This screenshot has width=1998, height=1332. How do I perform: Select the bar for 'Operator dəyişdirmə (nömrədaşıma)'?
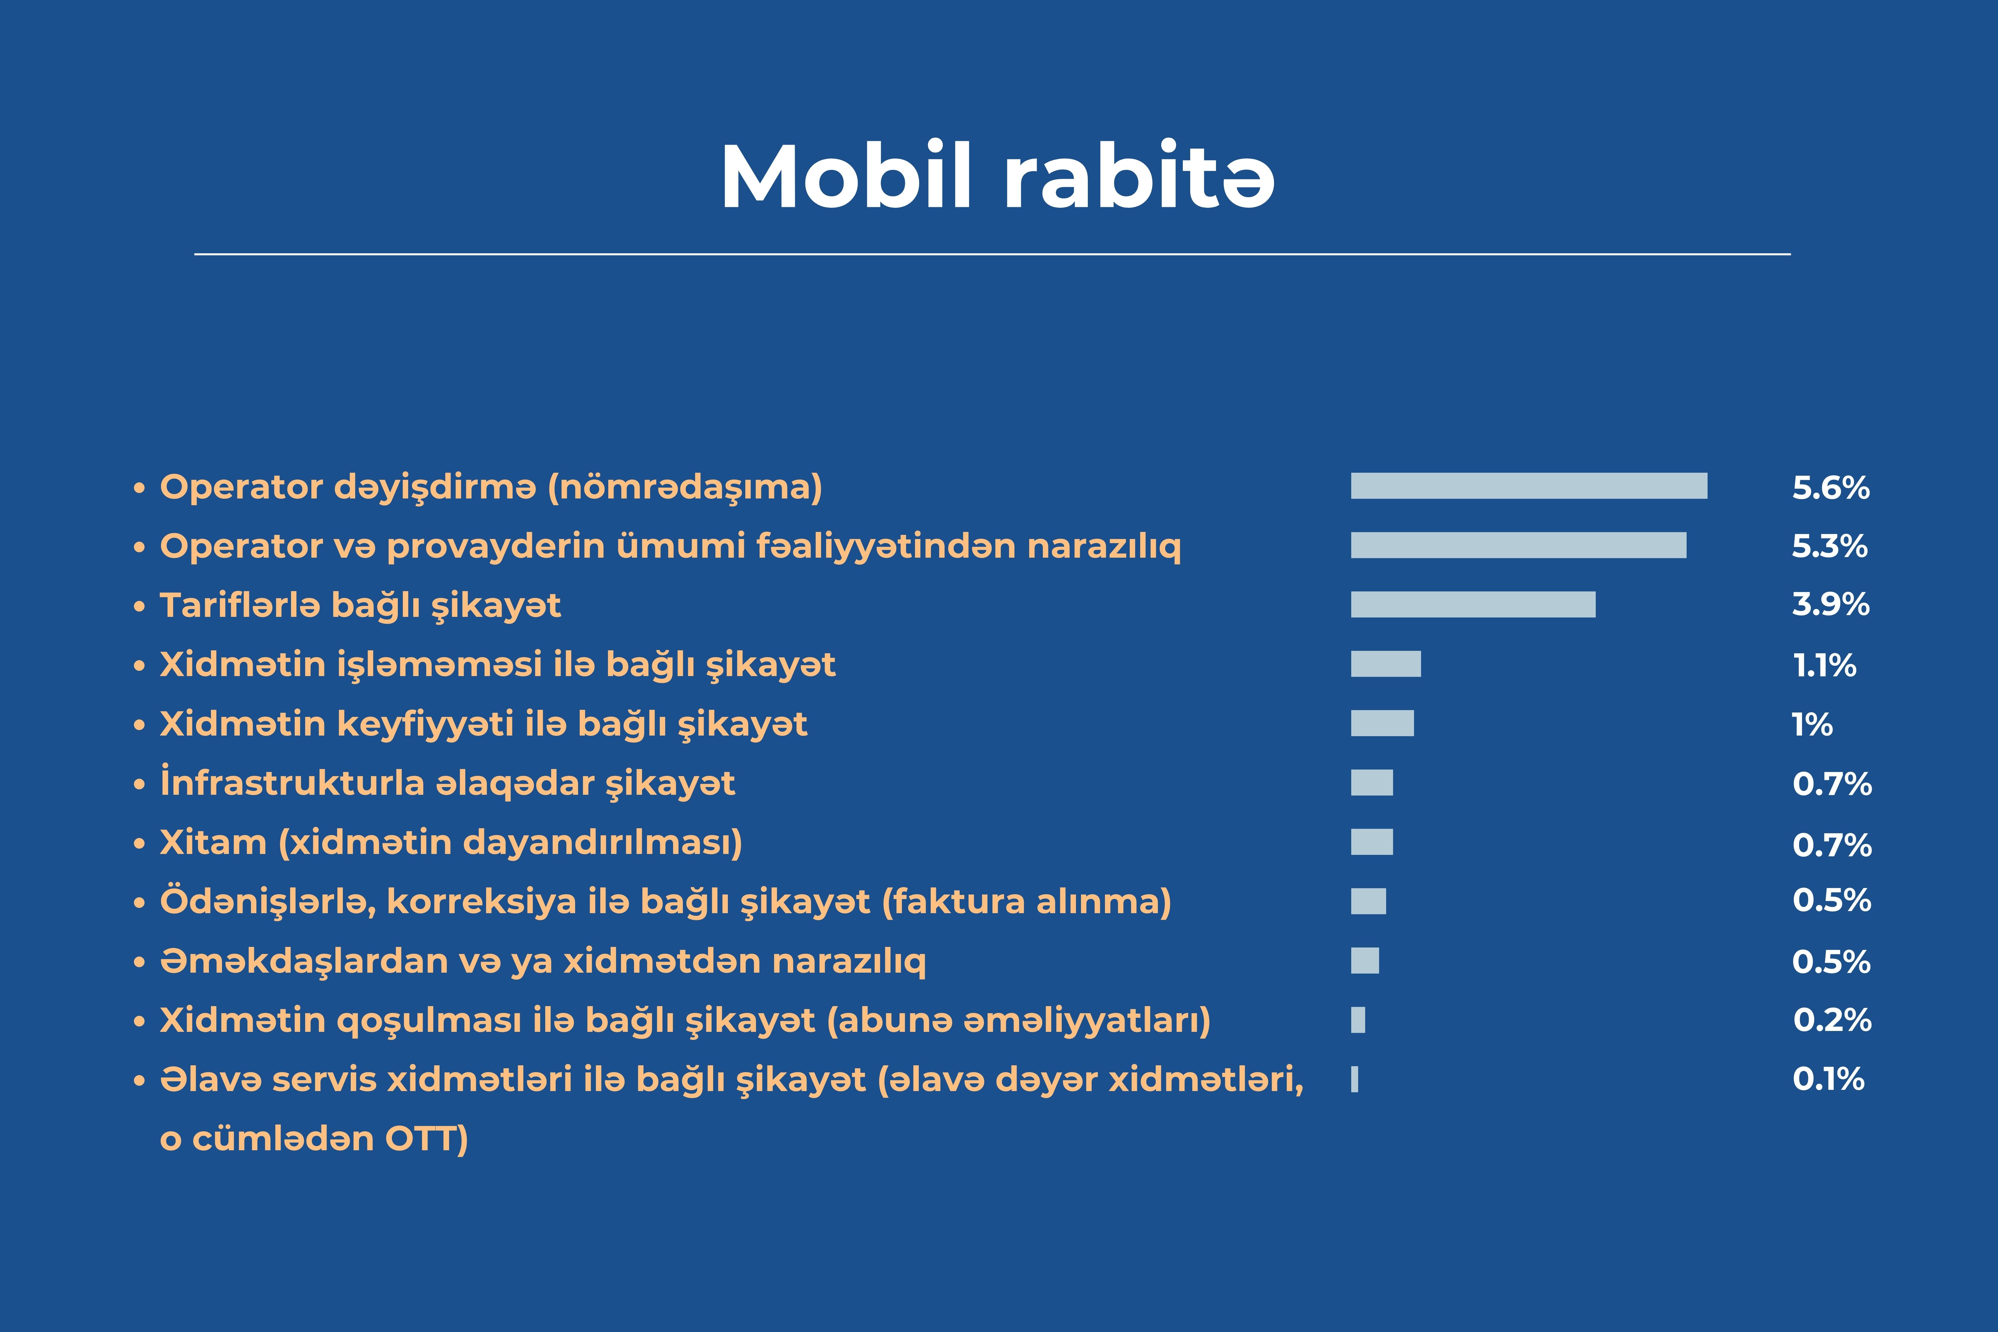[1529, 486]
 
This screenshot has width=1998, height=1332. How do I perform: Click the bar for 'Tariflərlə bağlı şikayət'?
[1473, 604]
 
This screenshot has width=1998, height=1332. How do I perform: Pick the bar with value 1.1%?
[1386, 663]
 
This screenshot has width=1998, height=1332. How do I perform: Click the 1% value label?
[1812, 725]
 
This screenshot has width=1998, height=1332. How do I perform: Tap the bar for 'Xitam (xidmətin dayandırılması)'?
[1372, 842]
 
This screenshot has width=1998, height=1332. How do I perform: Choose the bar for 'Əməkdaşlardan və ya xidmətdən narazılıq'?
[1365, 961]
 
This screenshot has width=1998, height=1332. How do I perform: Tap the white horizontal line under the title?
[992, 253]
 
